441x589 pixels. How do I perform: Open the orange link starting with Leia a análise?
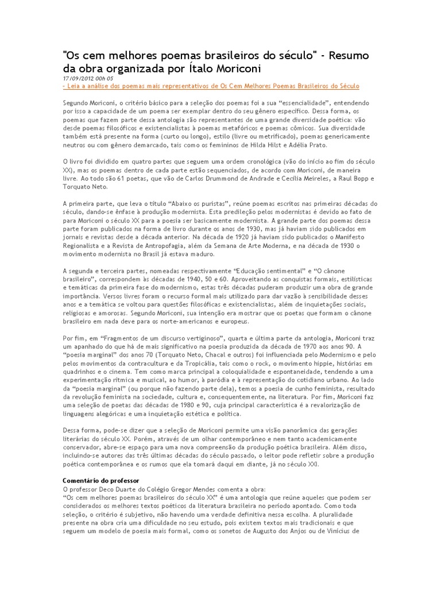pyautogui.click(x=211, y=86)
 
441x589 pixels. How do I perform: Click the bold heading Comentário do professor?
pyautogui.click(x=100, y=480)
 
